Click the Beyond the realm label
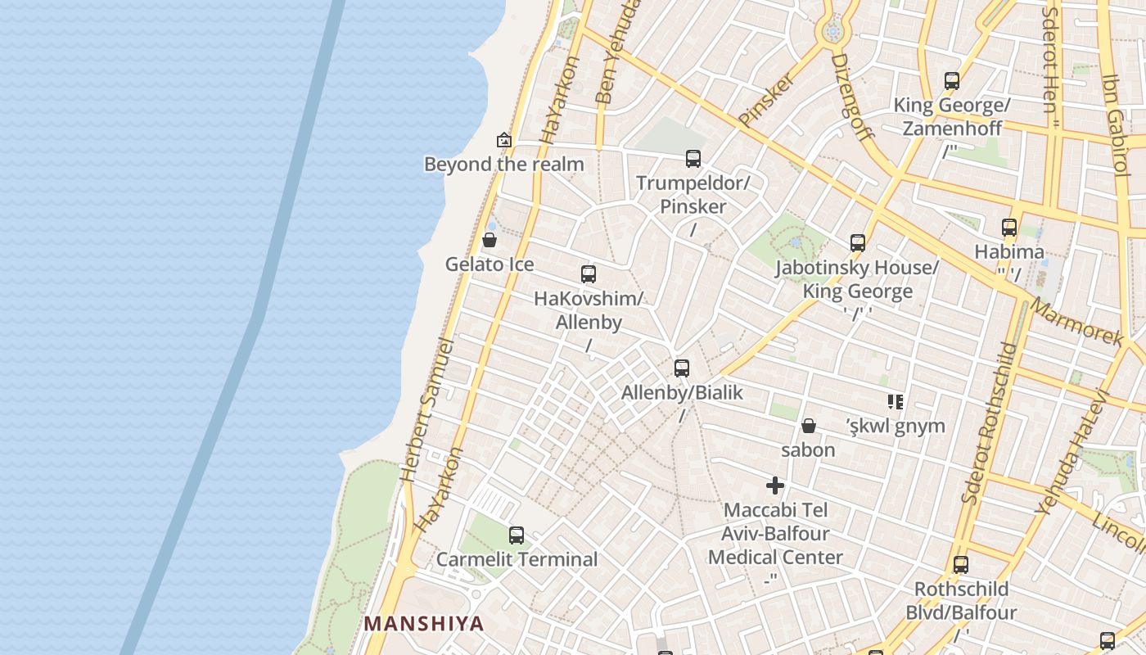503,164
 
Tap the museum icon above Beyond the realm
504,140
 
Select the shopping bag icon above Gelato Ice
490,240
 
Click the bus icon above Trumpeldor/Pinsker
693,158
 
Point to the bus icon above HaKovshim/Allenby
589,274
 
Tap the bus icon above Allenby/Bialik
682,368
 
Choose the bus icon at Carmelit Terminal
517,535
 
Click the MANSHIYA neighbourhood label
424,623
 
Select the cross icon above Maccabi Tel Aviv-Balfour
775,486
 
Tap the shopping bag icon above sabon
808,426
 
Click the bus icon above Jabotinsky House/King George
858,243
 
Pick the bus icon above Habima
1009,228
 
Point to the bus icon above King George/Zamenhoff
952,81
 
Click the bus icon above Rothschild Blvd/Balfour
961,565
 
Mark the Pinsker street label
766,100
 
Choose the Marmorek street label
1077,322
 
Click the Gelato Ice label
490,264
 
